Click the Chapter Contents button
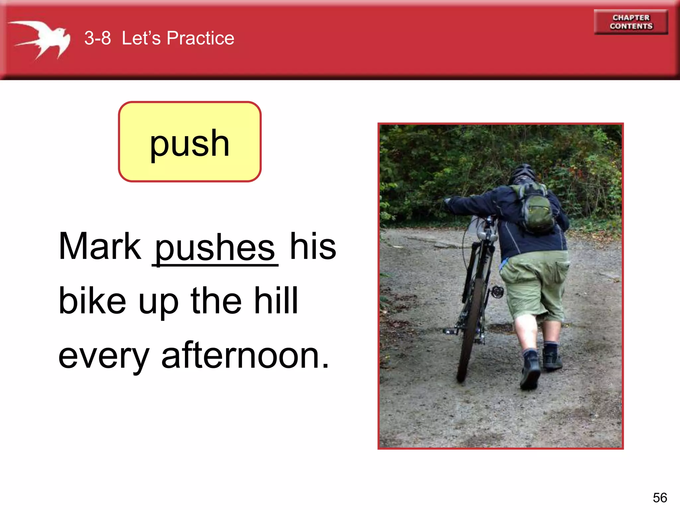631,22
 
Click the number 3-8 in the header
97,38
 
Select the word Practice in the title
200,38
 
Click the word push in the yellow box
190,143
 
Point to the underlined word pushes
215,247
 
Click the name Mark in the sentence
100,246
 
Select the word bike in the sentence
92,301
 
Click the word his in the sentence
313,246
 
